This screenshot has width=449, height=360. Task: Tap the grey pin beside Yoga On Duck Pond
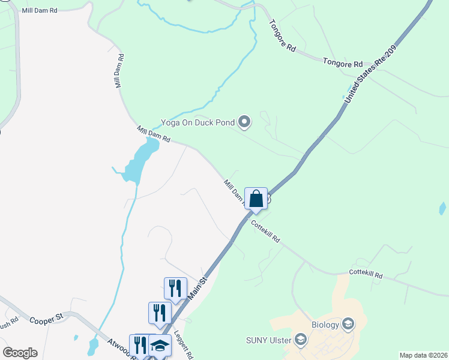pyautogui.click(x=244, y=122)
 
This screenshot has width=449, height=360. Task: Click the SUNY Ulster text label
pyautogui.click(x=269, y=341)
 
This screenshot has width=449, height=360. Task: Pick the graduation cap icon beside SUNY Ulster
pyautogui.click(x=301, y=341)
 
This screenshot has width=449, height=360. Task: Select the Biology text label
pyautogui.click(x=325, y=325)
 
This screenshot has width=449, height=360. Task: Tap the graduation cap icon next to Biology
pyautogui.click(x=348, y=325)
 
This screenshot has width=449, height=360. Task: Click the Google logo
pyautogui.click(x=20, y=353)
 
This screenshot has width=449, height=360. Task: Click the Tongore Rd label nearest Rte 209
pyautogui.click(x=343, y=62)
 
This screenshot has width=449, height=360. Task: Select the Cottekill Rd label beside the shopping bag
pyautogui.click(x=265, y=231)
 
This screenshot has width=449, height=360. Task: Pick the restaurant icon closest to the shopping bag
pyautogui.click(x=175, y=288)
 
